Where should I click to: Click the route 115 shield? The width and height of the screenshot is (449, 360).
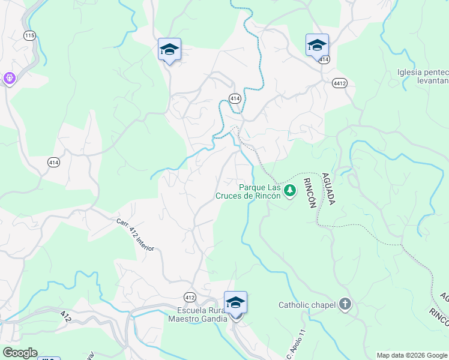[x=29, y=35]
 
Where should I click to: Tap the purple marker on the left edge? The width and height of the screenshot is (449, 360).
[x=9, y=78]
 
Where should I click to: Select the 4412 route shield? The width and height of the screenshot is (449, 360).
[x=339, y=83]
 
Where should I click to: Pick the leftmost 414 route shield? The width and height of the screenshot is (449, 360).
[x=54, y=161]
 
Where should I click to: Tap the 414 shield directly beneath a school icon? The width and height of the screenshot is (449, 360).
[x=324, y=59]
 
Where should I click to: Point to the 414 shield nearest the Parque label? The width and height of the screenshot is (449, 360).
[x=235, y=98]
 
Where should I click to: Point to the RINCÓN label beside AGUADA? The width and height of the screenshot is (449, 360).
[x=310, y=193]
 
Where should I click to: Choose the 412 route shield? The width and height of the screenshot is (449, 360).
[x=190, y=297]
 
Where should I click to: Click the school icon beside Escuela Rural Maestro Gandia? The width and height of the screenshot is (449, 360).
[x=235, y=302]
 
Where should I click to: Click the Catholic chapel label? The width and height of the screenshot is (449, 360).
[x=306, y=305]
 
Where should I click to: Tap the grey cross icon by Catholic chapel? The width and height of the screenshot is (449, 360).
[x=345, y=304]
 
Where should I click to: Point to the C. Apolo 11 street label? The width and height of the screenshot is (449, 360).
[x=296, y=343]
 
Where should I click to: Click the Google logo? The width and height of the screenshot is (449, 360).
[x=19, y=353]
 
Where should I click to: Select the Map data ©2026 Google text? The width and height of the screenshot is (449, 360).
[x=412, y=355]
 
